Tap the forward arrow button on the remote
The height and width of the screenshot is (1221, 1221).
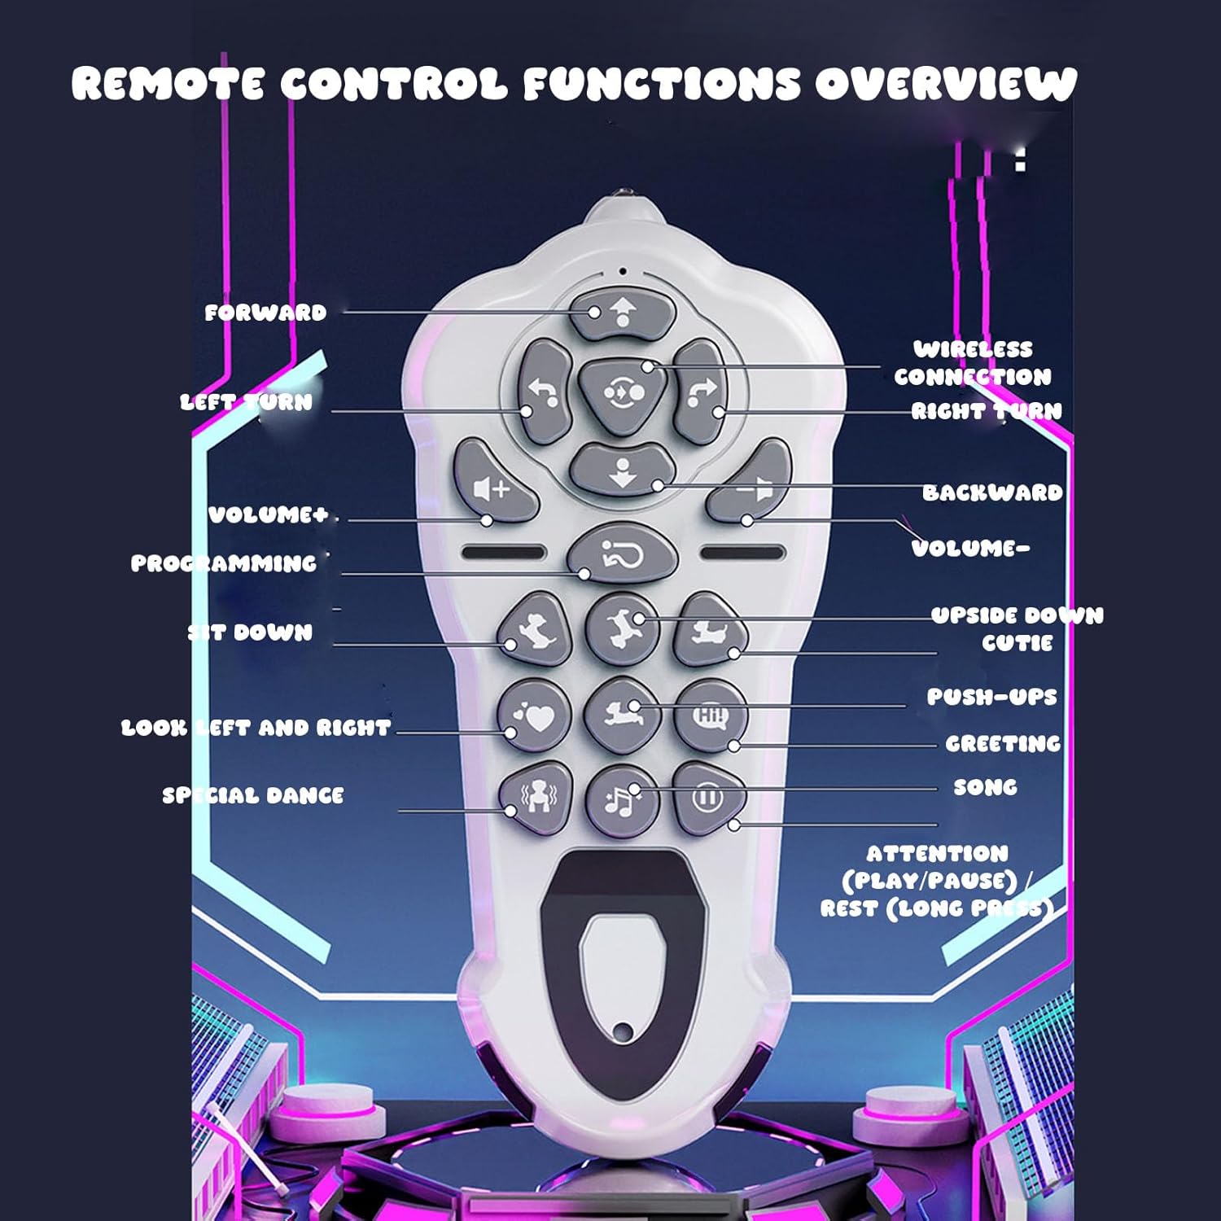[x=623, y=313]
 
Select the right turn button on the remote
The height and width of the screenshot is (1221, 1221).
[x=700, y=392]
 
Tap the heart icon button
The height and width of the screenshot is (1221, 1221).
[x=535, y=716]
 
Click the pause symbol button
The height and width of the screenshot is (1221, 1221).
[x=707, y=797]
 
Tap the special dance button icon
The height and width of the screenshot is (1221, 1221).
[x=536, y=797]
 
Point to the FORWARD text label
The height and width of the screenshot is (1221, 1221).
[x=265, y=313]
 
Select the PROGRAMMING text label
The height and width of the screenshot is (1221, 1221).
[x=224, y=563]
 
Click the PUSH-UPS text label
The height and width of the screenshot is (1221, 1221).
[x=991, y=697]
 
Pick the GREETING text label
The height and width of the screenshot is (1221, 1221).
[x=1003, y=743]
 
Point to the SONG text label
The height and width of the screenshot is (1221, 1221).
[x=985, y=787]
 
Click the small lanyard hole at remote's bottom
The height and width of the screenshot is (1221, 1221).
[x=624, y=1032]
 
